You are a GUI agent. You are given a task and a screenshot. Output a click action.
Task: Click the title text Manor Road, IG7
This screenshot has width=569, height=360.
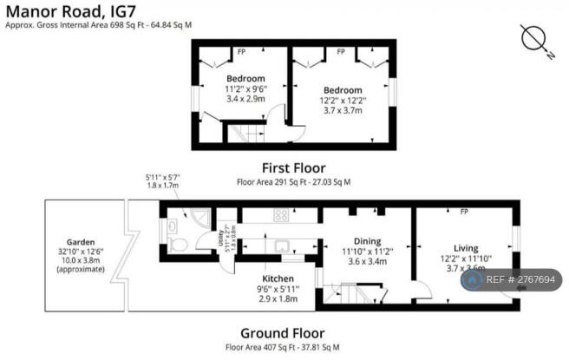coord(66,11)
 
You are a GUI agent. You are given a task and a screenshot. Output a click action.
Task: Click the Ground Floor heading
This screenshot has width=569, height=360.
coord(282,333)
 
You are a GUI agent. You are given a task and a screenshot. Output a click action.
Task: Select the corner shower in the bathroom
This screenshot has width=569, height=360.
coord(201,218)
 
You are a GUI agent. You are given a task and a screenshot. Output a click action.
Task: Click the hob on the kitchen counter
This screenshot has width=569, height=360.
coord(281,214)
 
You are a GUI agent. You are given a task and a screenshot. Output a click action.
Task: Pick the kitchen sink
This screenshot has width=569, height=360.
coord(284,245)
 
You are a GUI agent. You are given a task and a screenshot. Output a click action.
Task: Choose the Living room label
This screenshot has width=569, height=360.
coord(466,248)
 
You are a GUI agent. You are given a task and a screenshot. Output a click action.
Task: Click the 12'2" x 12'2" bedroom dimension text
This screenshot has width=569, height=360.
coord(343,101)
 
